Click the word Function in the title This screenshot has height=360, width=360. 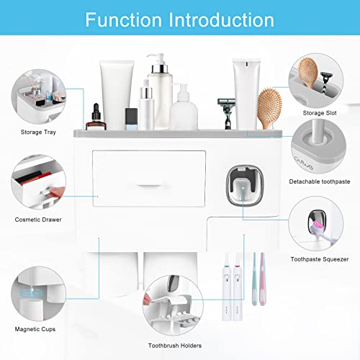(x=127, y=19)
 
